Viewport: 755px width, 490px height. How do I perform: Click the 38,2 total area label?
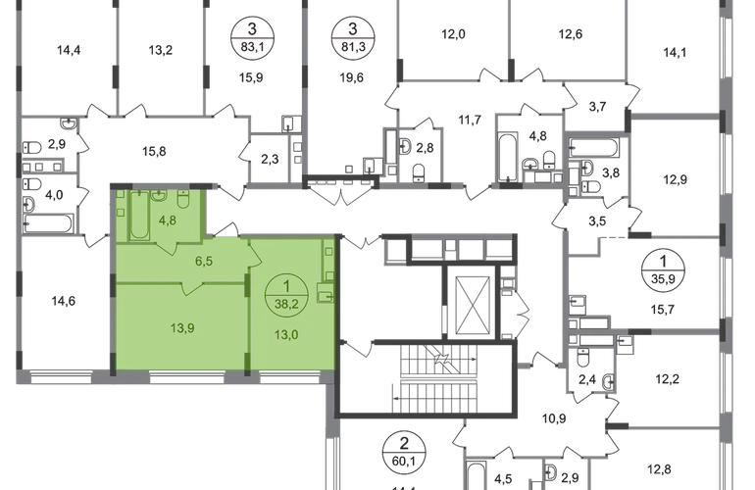click(x=286, y=304)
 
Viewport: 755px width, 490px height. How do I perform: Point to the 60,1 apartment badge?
click(x=404, y=452)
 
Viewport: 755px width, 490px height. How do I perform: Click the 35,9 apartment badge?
click(x=663, y=270)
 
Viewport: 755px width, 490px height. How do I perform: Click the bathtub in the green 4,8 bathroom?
click(x=139, y=215)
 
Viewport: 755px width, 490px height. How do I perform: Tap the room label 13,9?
click(x=182, y=328)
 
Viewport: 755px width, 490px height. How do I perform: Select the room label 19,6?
click(x=351, y=77)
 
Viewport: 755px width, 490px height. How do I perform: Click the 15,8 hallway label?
click(x=154, y=152)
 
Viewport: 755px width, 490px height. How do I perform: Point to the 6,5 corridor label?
click(x=204, y=262)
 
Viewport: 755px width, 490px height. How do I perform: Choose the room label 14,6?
click(x=64, y=301)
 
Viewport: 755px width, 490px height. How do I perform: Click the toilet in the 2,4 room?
click(x=583, y=357)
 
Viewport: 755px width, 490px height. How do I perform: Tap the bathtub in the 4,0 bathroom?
click(x=48, y=223)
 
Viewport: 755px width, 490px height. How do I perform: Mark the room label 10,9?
click(x=554, y=418)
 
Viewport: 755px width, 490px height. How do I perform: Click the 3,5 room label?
click(x=597, y=221)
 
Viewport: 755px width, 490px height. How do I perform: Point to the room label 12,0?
click(x=453, y=34)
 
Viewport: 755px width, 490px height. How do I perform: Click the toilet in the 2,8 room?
click(x=419, y=172)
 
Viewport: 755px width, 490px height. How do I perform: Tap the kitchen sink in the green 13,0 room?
click(x=325, y=293)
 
